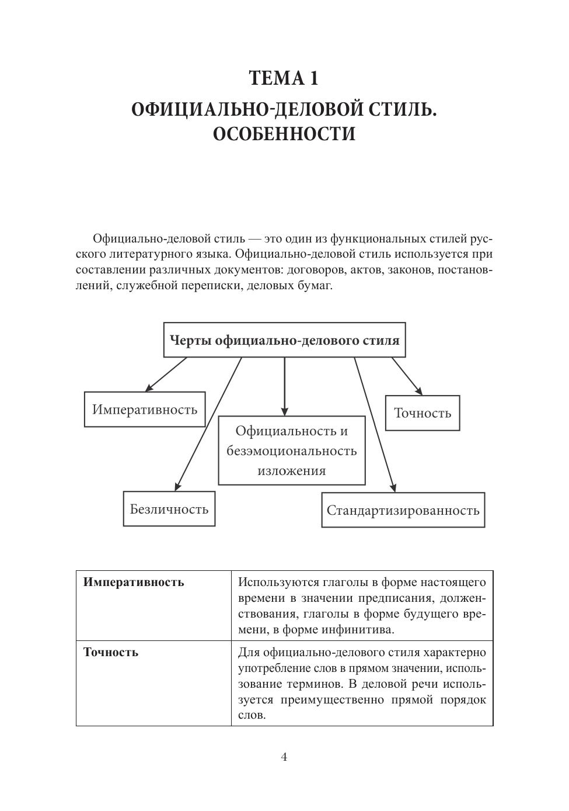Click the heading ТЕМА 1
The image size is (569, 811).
point(284,78)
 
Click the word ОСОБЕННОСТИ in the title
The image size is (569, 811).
point(284,134)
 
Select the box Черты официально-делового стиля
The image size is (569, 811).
point(284,339)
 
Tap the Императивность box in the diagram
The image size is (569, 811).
point(145,409)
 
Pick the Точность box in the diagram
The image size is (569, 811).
point(423,413)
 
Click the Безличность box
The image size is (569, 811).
point(169,509)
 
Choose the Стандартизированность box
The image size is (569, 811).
point(403,510)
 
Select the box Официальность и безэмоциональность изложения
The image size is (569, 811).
point(292,450)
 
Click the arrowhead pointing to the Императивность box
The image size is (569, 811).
point(149,388)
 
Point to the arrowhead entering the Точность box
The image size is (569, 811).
point(418,391)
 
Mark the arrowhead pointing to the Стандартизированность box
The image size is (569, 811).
point(393,488)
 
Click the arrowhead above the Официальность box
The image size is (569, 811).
point(285,411)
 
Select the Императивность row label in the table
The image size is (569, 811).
point(134,582)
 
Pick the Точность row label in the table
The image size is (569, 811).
point(111,652)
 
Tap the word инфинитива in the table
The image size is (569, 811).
point(363,629)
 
